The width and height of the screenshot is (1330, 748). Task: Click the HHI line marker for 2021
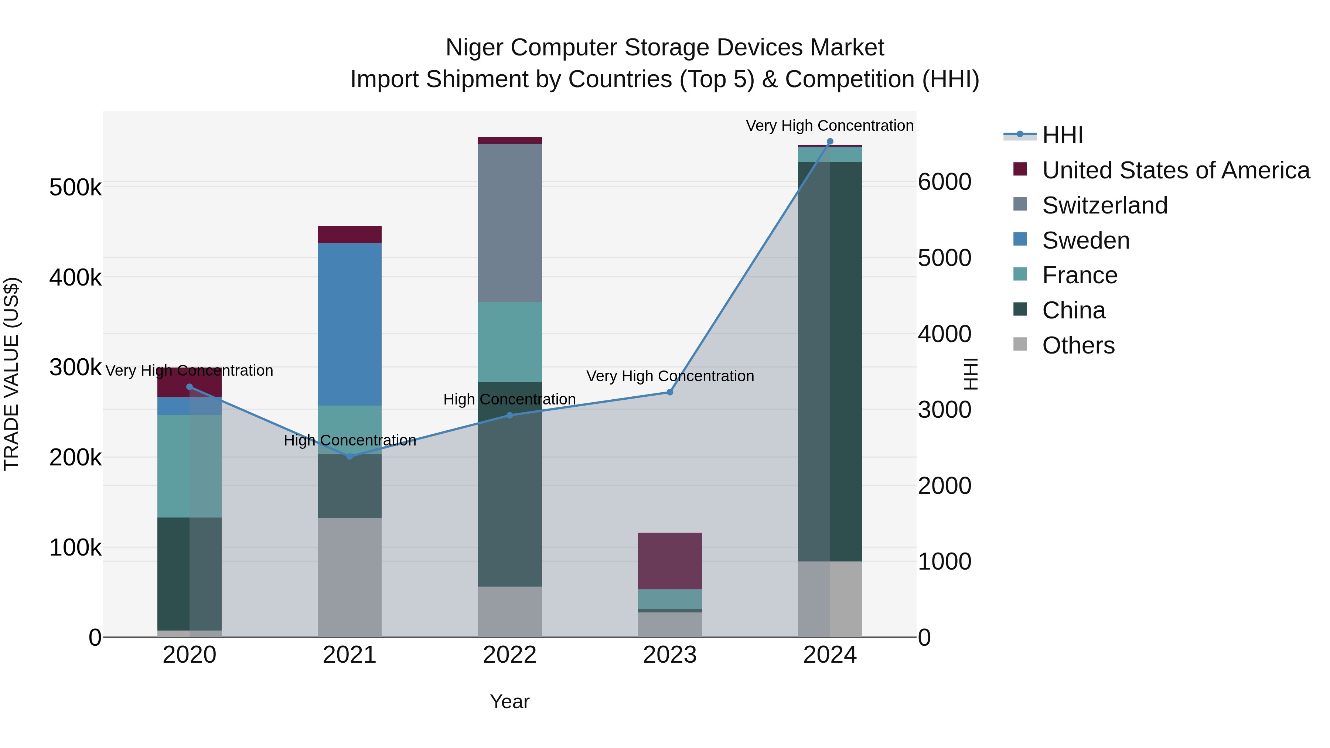click(349, 456)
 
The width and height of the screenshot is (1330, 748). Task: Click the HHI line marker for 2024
click(830, 141)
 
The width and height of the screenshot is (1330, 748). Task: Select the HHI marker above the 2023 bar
click(670, 392)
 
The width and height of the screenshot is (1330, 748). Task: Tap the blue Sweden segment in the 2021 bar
click(349, 324)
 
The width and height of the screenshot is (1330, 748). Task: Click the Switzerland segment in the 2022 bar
click(509, 223)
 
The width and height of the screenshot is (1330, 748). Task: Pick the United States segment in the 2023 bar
click(670, 561)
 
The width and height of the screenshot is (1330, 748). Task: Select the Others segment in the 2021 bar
click(349, 577)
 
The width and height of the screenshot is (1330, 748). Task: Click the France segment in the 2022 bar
click(509, 342)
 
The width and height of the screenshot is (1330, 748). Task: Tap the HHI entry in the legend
click(1062, 135)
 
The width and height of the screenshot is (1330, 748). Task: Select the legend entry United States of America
click(1176, 170)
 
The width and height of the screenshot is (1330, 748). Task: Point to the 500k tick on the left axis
click(75, 187)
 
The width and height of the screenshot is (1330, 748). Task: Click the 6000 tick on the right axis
click(944, 182)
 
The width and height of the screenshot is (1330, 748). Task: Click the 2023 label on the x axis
click(670, 655)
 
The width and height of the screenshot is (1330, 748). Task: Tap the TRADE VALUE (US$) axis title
click(11, 374)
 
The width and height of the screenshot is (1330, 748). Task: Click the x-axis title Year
click(509, 701)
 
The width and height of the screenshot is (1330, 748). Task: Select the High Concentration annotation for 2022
click(509, 400)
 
